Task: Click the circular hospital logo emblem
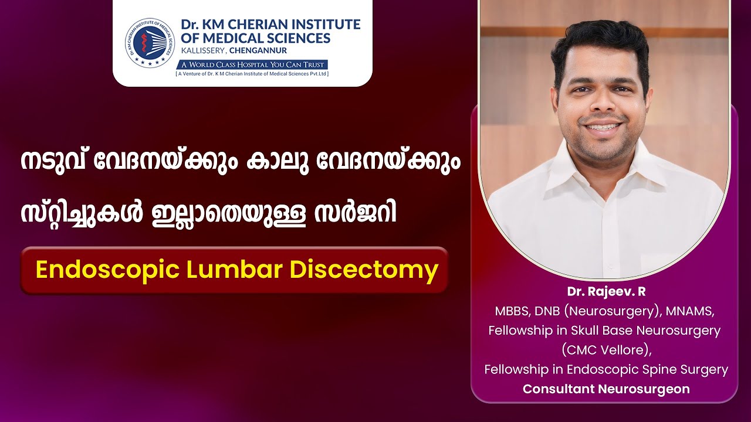[150, 42]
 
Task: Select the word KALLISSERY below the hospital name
[202, 51]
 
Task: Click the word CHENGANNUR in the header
[258, 51]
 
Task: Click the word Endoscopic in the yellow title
[107, 271]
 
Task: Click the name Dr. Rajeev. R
[606, 292]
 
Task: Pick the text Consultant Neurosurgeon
[606, 389]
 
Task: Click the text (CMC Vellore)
[606, 350]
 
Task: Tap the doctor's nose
[603, 102]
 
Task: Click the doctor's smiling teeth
[603, 127]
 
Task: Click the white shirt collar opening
[604, 194]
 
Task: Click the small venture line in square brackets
[252, 74]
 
